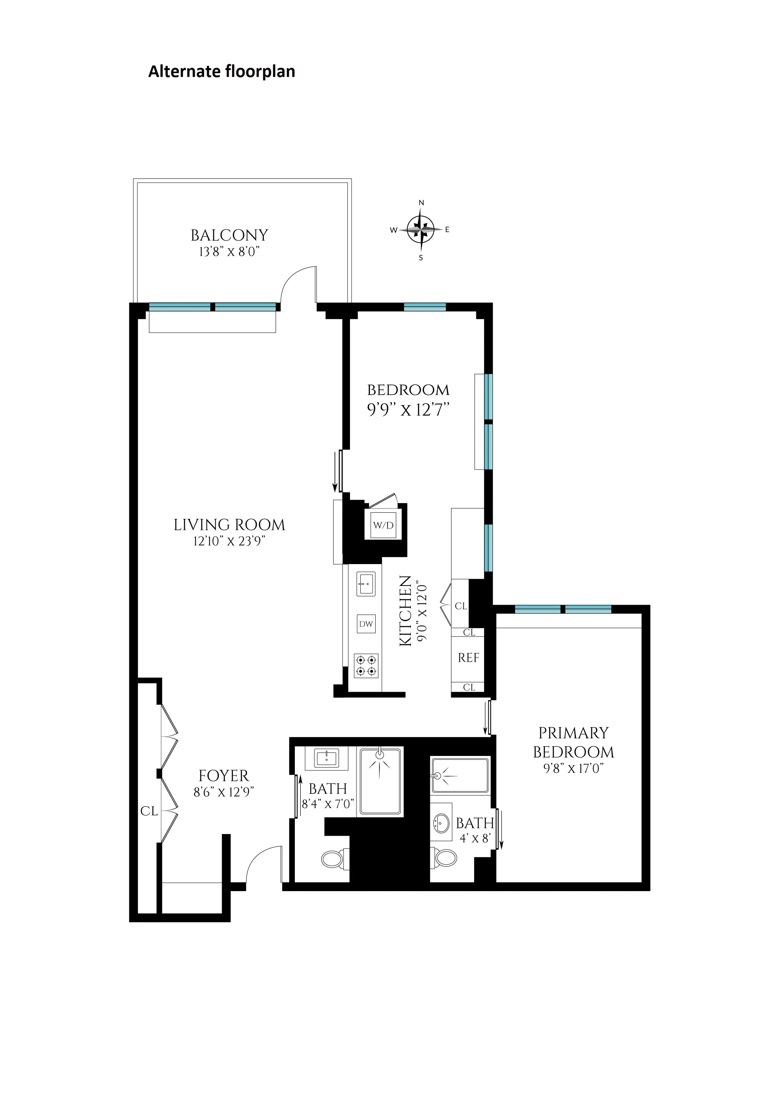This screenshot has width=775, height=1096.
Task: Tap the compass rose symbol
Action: coord(420,230)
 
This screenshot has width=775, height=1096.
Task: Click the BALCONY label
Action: coord(229,236)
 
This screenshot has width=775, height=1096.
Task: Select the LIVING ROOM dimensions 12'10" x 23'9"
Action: coord(229,541)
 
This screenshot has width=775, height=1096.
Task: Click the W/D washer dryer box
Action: coord(383,525)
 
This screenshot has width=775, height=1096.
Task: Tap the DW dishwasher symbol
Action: coord(366,624)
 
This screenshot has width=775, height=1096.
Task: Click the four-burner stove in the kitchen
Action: coord(366,666)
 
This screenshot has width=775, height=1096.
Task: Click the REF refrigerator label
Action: coord(468,658)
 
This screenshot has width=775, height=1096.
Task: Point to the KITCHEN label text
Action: coord(405,611)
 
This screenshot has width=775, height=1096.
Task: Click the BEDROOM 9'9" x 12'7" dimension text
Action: coord(408,410)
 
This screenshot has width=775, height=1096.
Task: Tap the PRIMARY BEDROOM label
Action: coord(573,742)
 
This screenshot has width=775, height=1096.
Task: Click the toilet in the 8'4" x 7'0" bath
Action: coord(332,860)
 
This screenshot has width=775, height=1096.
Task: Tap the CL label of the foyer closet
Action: coord(149,811)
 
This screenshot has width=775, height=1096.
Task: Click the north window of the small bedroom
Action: coord(425,307)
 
